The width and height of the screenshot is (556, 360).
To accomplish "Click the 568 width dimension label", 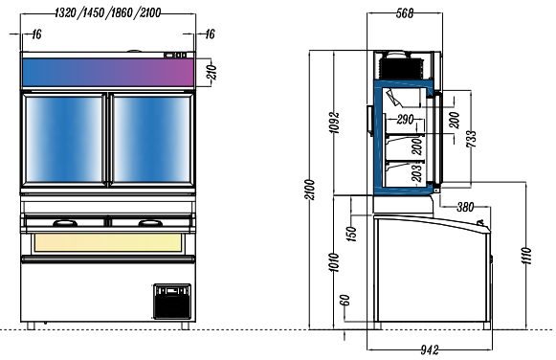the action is coord(405,13).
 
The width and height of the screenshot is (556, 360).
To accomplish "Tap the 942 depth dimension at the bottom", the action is coord(430,349).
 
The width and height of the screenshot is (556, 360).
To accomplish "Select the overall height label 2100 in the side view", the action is coord(310,190).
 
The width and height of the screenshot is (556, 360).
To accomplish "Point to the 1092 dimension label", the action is coord(334,123).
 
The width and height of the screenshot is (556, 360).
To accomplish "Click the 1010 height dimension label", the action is coord(334,262).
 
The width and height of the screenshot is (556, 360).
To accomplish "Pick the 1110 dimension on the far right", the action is coord(526,256).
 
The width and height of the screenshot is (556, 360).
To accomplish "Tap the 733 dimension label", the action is coord(471,139).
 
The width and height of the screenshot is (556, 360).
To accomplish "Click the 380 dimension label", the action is coord(465,207).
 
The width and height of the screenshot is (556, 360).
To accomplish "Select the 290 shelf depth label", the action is coord(405,120).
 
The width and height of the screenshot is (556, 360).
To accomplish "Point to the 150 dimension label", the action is coord(351,234).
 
